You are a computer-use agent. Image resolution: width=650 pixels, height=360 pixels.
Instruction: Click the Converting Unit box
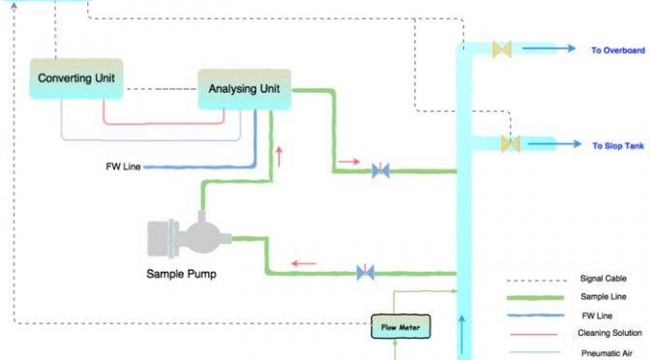[76, 78]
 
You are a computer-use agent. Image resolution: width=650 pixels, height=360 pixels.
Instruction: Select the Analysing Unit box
[245, 89]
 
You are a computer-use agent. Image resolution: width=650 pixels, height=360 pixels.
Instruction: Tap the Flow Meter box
[400, 326]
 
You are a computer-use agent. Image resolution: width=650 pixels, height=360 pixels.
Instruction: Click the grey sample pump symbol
[189, 234]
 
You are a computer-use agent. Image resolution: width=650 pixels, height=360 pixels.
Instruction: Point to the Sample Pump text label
[181, 274]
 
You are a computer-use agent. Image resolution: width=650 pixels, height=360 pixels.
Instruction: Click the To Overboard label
[618, 50]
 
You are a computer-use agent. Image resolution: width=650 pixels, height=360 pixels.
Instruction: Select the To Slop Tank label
[618, 145]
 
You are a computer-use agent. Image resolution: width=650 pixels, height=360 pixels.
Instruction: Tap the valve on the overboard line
[502, 49]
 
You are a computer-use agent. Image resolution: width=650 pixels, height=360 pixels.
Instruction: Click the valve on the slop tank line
[511, 144]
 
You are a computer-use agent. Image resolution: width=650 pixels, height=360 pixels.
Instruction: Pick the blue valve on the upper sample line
[380, 170]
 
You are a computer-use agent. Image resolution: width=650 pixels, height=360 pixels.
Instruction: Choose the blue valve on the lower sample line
[366, 273]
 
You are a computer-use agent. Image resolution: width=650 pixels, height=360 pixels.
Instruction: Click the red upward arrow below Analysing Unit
[279, 157]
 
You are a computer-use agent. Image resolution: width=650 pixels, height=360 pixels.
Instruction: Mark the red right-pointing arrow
[348, 162]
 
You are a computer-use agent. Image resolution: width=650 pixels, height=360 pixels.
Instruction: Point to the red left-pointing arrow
[304, 263]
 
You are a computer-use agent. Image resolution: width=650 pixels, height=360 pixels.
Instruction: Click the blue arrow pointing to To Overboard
[548, 48]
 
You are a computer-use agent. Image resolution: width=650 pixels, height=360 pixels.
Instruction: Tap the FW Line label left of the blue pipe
[123, 166]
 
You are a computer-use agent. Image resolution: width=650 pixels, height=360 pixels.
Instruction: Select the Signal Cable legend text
[604, 279]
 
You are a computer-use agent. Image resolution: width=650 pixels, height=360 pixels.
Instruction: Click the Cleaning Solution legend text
[609, 333]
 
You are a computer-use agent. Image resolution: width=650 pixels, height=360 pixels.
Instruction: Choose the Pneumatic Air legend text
[606, 353]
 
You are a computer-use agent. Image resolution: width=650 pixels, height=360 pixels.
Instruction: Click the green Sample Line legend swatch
[535, 297]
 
